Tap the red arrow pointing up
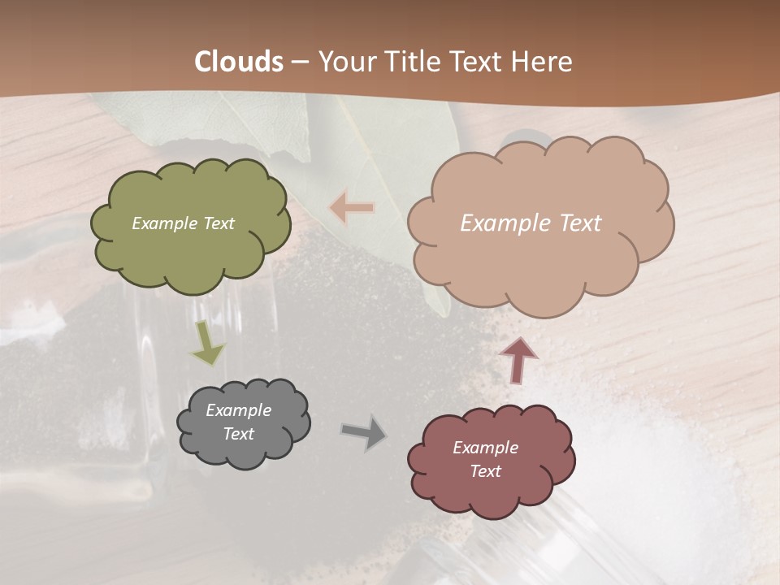pos(518,360)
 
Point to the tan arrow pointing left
pos(352,209)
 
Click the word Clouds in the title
pos(239,62)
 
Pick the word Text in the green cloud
pos(219,223)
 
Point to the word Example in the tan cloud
pos(505,223)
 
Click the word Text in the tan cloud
pos(580,223)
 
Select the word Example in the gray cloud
pos(239,410)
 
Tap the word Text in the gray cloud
pos(239,434)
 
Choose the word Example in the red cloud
pos(485,448)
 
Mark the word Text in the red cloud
pos(485,471)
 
